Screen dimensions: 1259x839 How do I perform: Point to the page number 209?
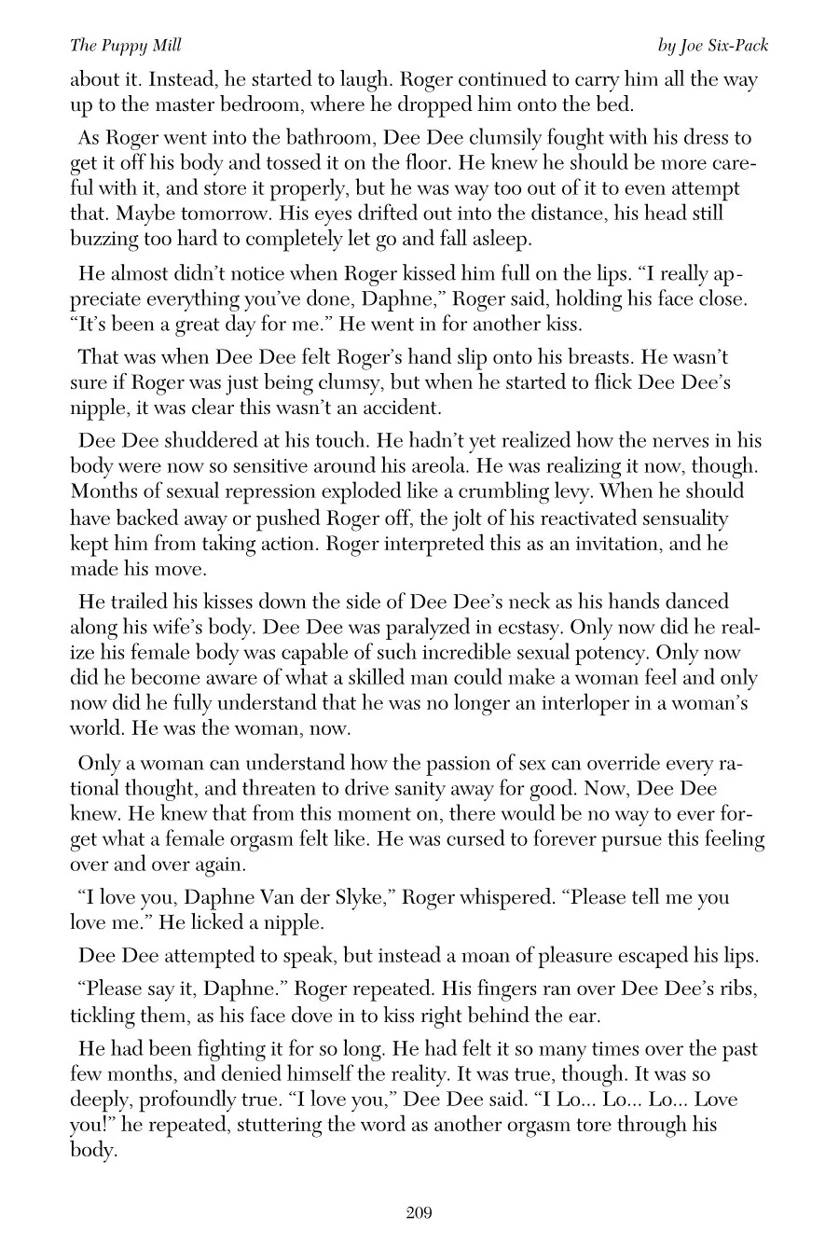(x=419, y=1212)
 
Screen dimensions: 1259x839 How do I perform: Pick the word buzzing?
(x=104, y=239)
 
